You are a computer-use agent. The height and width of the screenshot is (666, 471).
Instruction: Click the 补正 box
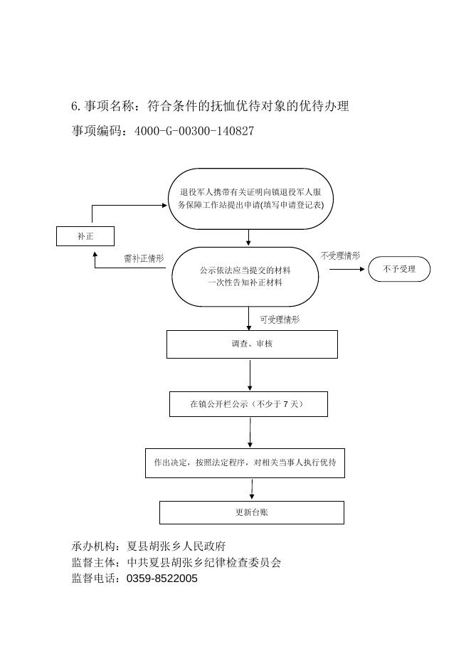click(x=85, y=236)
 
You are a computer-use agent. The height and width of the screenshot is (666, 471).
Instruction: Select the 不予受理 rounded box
click(x=399, y=269)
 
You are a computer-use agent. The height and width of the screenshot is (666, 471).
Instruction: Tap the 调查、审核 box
click(x=252, y=344)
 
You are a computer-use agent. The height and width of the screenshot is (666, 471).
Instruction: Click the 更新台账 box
click(x=251, y=512)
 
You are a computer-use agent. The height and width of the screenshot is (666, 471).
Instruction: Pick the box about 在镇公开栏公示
click(x=248, y=404)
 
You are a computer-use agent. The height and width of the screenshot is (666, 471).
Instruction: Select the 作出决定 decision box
click(x=245, y=462)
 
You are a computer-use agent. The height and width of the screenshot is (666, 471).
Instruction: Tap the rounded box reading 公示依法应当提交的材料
click(x=245, y=277)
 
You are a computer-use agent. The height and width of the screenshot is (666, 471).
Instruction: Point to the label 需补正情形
click(x=144, y=258)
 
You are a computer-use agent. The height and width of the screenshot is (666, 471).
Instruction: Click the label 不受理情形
click(x=340, y=255)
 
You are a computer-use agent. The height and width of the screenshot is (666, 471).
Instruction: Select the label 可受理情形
click(x=280, y=319)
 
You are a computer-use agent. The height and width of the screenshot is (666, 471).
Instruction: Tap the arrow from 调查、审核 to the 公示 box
click(x=250, y=374)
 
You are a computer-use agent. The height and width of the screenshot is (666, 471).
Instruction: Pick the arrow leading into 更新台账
click(x=252, y=489)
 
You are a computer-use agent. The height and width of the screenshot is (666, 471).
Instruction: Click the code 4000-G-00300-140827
click(x=194, y=131)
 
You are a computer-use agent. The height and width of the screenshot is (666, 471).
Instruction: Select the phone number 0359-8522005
click(x=162, y=578)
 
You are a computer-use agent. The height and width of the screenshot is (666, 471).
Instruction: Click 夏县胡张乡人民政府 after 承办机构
click(x=176, y=546)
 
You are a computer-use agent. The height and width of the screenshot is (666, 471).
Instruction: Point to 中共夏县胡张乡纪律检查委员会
click(x=204, y=562)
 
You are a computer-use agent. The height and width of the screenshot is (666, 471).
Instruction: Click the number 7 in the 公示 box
click(x=285, y=404)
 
